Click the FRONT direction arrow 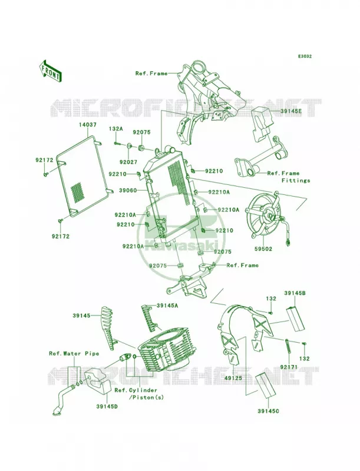click(50, 71)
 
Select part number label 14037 click(88, 124)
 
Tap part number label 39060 click(128, 190)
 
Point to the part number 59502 click(263, 249)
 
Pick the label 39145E click(291, 111)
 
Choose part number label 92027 click(128, 162)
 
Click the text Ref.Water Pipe click(74, 354)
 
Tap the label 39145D click(107, 407)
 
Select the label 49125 click(233, 378)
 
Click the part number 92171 click(289, 367)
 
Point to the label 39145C click(268, 410)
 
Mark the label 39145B click(295, 293)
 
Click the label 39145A click(167, 306)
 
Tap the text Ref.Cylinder click(136, 390)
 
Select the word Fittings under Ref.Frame click(296, 181)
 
